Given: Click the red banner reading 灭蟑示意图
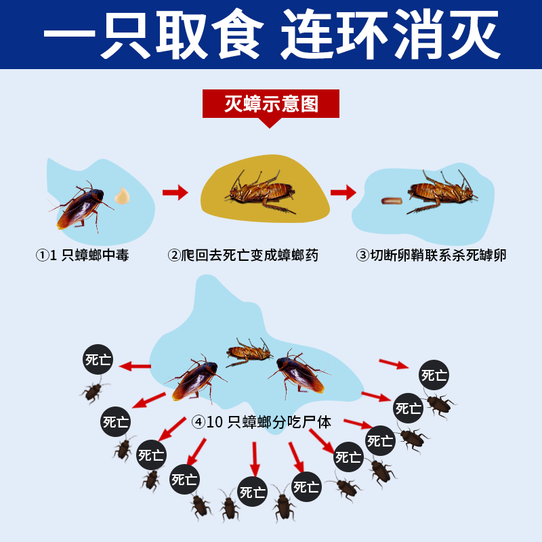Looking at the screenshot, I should (x=271, y=104).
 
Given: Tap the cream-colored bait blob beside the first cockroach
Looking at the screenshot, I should (x=122, y=195).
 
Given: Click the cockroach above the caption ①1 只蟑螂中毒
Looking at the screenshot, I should (x=80, y=206).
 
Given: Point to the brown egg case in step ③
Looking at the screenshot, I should (x=392, y=201).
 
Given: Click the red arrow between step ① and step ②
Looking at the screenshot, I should (x=175, y=193).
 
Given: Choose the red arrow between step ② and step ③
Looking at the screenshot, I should (x=343, y=192).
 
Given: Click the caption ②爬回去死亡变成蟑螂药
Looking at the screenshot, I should (x=243, y=255).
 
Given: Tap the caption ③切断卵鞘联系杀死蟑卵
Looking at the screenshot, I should (x=432, y=255).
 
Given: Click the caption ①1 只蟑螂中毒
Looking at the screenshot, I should (x=83, y=255).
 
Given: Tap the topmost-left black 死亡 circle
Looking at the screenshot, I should (x=98, y=360).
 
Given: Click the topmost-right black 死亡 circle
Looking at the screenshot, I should (x=434, y=375).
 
